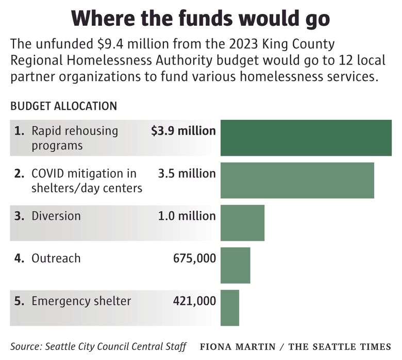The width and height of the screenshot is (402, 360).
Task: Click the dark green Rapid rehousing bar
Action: [x=306, y=138]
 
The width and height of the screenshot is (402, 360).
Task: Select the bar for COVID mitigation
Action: [x=297, y=180]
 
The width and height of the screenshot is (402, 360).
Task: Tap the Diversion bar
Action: [x=242, y=223]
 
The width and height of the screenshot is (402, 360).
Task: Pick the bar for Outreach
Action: [x=235, y=265]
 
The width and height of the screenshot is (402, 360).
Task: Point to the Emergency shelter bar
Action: [x=230, y=307]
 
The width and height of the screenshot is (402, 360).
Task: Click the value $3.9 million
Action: [x=183, y=131]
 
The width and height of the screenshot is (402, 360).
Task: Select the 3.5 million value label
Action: [x=187, y=173]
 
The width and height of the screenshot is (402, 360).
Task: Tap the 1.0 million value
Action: [x=187, y=216]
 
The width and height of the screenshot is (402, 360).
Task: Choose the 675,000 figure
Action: [x=194, y=258]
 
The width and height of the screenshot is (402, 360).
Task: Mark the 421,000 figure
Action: [x=194, y=301]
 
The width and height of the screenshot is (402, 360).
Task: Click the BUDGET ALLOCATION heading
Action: [x=63, y=106]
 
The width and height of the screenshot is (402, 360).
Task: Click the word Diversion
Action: [x=56, y=216]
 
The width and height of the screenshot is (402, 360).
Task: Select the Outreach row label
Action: [x=56, y=258]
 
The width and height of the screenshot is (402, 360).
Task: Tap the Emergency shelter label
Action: [x=81, y=301]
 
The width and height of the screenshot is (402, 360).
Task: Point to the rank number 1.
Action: [x=19, y=131]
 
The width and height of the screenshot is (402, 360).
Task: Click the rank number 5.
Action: [x=19, y=301]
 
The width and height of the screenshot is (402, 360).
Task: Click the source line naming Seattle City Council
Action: [x=98, y=346]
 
